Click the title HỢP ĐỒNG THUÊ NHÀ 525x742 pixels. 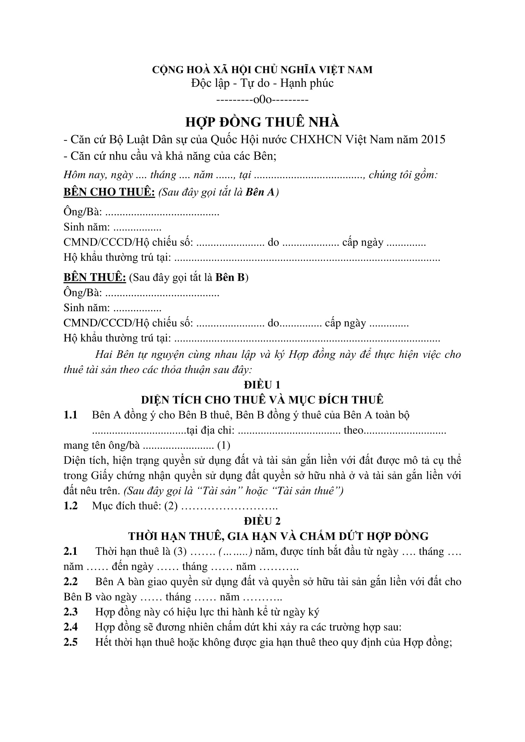(262, 122)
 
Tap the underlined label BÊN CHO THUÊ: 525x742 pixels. (109, 192)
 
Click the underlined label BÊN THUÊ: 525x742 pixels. (95, 277)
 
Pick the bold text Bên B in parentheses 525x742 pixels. (230, 277)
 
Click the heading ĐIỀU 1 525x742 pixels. (262, 384)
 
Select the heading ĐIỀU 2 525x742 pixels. (262, 521)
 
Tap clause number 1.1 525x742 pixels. (70, 415)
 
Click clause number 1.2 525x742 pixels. (70, 506)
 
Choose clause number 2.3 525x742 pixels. (70, 612)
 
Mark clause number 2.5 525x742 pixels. (70, 642)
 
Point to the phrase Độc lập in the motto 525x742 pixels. (210, 83)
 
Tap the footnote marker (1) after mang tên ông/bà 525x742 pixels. (224, 445)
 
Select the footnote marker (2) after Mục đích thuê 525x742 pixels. (171, 506)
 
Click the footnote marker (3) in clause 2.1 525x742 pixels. (180, 551)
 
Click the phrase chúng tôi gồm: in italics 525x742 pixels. (403, 175)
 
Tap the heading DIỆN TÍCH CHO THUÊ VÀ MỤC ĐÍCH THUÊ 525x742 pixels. (262, 400)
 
